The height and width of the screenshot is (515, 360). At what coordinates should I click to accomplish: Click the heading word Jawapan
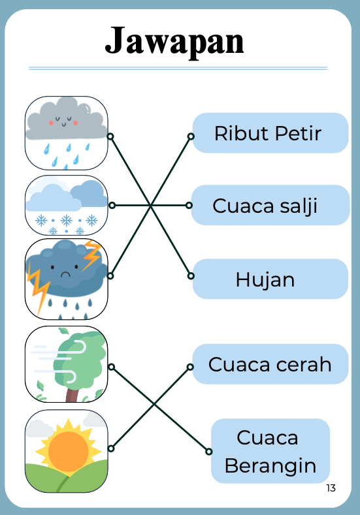coord(174,41)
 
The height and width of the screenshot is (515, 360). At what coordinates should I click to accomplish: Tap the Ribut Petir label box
coord(270,133)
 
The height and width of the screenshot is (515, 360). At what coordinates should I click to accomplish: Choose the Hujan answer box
coord(270,279)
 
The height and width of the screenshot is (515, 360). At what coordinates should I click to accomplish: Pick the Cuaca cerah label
coord(270,364)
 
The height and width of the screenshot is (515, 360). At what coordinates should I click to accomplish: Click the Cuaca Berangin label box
coord(270,451)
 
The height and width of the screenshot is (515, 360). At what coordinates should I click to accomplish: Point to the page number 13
coord(331,488)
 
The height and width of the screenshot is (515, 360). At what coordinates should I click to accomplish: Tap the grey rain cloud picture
coord(67,133)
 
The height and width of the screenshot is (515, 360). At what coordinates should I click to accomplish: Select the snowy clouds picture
coord(67,205)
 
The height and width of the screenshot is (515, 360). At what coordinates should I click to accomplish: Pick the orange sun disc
coord(69,452)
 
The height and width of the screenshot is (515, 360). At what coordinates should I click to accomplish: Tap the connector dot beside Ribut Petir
coord(191,136)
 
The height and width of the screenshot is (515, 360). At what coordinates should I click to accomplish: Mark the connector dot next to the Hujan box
coord(191,275)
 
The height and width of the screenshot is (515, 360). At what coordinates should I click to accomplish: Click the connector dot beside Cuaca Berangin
coord(209,452)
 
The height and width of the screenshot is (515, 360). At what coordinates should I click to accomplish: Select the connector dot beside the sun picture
coord(111,448)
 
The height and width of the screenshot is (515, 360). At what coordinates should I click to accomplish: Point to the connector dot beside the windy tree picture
coord(111,367)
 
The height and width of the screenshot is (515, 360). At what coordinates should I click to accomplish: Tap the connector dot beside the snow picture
coord(112,205)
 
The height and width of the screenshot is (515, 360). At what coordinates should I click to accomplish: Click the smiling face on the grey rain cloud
coord(64,121)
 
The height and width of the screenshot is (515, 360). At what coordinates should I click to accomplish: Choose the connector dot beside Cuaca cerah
coord(190,367)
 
